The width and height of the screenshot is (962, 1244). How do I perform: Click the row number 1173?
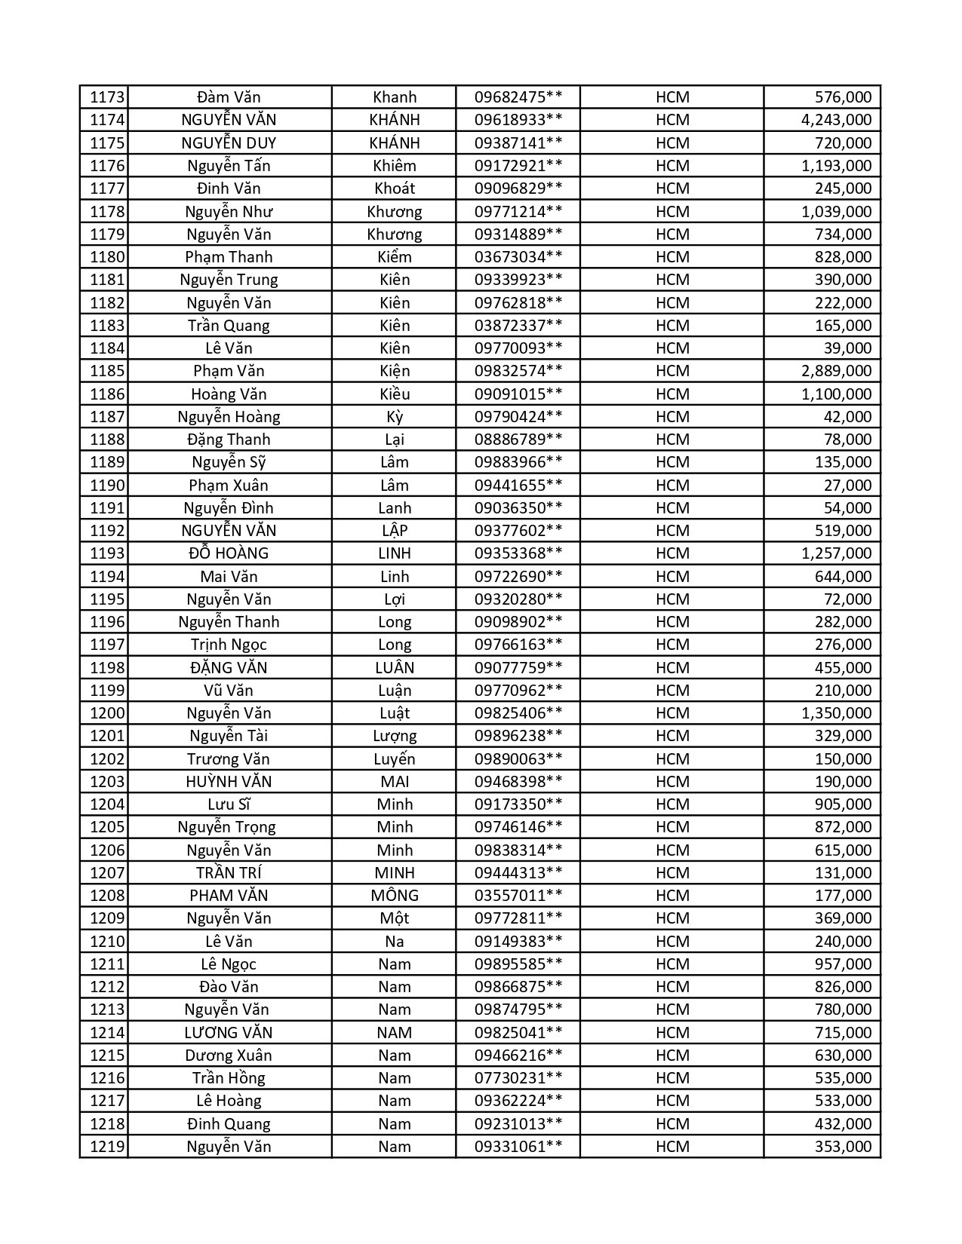[106, 97]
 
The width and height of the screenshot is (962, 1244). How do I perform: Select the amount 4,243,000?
[836, 120]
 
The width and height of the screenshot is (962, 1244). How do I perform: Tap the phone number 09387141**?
[518, 143]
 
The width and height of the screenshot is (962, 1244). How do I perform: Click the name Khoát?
[395, 188]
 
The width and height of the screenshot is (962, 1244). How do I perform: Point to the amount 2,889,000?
[836, 371]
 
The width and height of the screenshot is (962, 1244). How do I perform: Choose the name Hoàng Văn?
[229, 394]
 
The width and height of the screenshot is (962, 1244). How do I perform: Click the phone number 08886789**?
[518, 440]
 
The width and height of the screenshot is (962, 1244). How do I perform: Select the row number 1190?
[106, 485]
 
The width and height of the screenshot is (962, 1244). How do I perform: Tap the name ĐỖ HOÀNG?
[229, 553]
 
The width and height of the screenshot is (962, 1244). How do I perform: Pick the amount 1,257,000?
[836, 553]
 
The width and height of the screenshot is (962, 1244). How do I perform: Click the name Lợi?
[395, 599]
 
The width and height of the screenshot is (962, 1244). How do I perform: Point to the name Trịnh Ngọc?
[229, 645]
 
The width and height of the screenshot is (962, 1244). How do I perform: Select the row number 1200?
[106, 713]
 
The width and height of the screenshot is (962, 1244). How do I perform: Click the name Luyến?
[395, 759]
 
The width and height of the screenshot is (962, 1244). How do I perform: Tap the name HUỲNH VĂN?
[229, 782]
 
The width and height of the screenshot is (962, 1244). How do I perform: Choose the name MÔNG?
[395, 896]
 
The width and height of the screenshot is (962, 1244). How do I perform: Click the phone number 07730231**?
[518, 1078]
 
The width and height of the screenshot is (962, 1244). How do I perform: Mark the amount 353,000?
[843, 1147]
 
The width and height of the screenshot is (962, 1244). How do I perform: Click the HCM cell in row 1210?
[672, 942]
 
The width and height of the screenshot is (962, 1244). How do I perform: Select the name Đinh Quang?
[229, 1124]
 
